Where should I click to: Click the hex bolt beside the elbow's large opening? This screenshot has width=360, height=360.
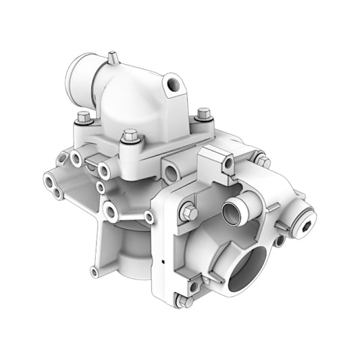(x=83, y=118)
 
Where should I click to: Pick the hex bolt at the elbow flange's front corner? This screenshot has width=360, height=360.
(x=130, y=138)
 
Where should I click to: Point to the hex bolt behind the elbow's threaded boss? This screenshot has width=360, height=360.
(x=203, y=115)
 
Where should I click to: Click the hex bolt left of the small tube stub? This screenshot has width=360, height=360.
(x=189, y=213)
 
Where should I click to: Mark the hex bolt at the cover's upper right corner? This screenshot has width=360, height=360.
(x=262, y=161)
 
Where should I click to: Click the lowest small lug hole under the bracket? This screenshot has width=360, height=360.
(x=94, y=272)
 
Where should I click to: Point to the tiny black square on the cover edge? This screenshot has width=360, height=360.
(x=164, y=259)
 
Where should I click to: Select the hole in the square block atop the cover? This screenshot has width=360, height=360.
(x=228, y=162)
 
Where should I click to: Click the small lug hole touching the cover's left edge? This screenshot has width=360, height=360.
(x=149, y=217)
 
